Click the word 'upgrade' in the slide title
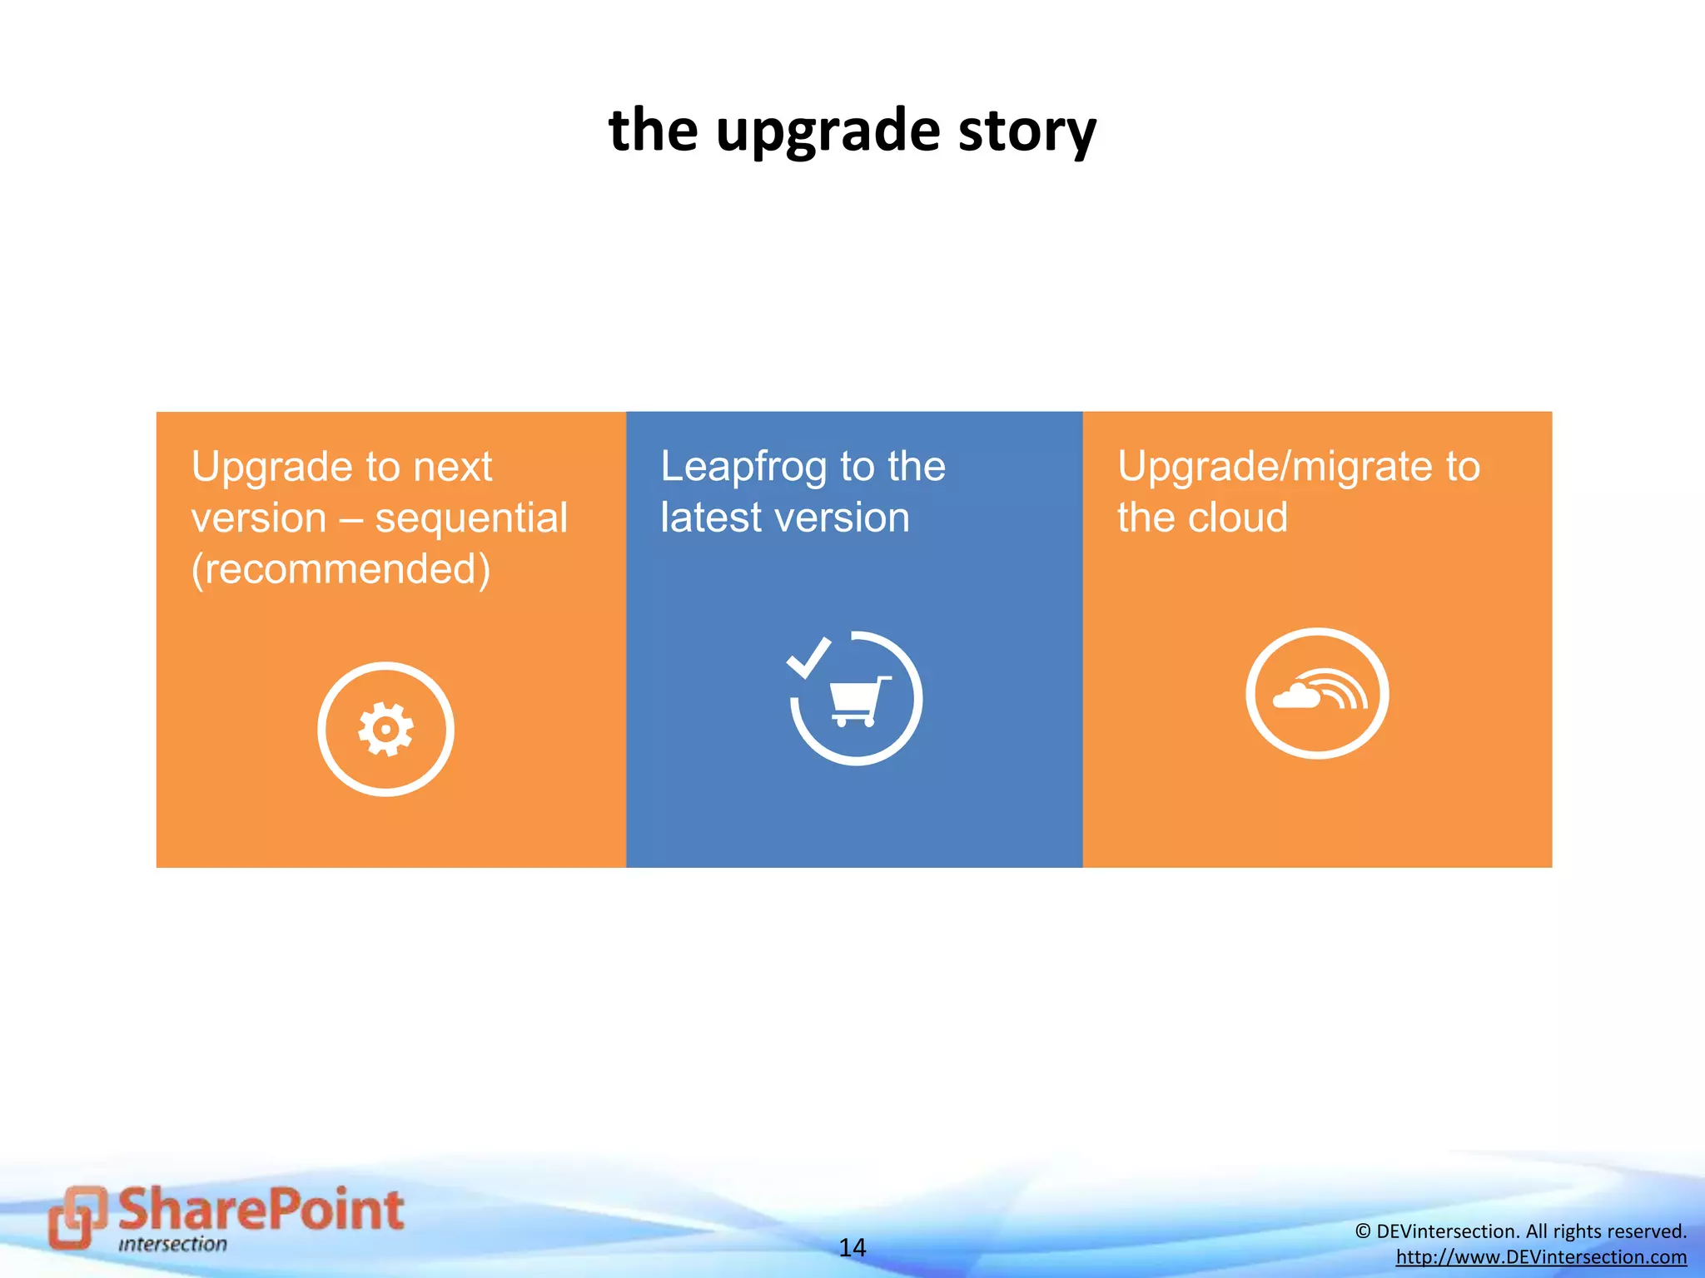point(828,131)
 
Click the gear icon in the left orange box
point(385,729)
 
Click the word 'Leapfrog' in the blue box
point(743,467)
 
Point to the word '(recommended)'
point(341,570)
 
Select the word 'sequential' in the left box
point(471,518)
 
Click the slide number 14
point(852,1247)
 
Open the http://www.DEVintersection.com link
point(1541,1257)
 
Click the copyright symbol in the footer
point(1362,1231)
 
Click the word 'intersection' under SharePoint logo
point(172,1245)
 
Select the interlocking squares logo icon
point(77,1216)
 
